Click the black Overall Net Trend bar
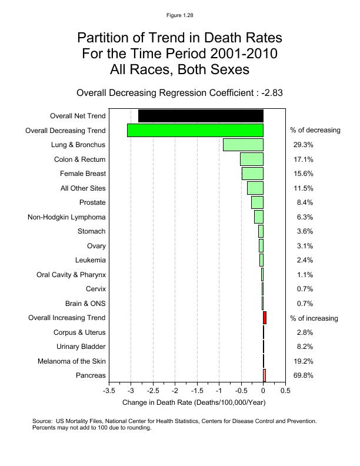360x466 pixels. pyautogui.click(x=201, y=116)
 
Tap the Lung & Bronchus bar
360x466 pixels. pyautogui.click(x=243, y=145)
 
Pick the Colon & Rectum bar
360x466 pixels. pyautogui.click(x=252, y=159)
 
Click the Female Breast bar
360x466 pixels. pyautogui.click(x=252, y=174)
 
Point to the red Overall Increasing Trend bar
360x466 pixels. pyautogui.click(x=265, y=318)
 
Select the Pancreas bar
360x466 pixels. pyautogui.click(x=265, y=375)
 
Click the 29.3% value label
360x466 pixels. pyautogui.click(x=303, y=145)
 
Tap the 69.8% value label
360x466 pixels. pyautogui.click(x=303, y=375)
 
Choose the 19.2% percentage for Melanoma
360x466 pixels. pyautogui.click(x=303, y=361)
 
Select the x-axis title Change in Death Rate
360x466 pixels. pyautogui.click(x=194, y=402)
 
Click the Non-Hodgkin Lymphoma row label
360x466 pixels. pyautogui.click(x=66, y=217)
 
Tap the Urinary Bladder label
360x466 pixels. pyautogui.click(x=81, y=347)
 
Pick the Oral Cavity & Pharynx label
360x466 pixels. pyautogui.click(x=71, y=275)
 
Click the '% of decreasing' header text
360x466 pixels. pyautogui.click(x=315, y=130)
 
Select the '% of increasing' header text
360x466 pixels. pyautogui.click(x=314, y=318)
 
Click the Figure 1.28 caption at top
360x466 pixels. pyautogui.click(x=179, y=15)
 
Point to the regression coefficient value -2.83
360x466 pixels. pyautogui.click(x=272, y=93)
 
